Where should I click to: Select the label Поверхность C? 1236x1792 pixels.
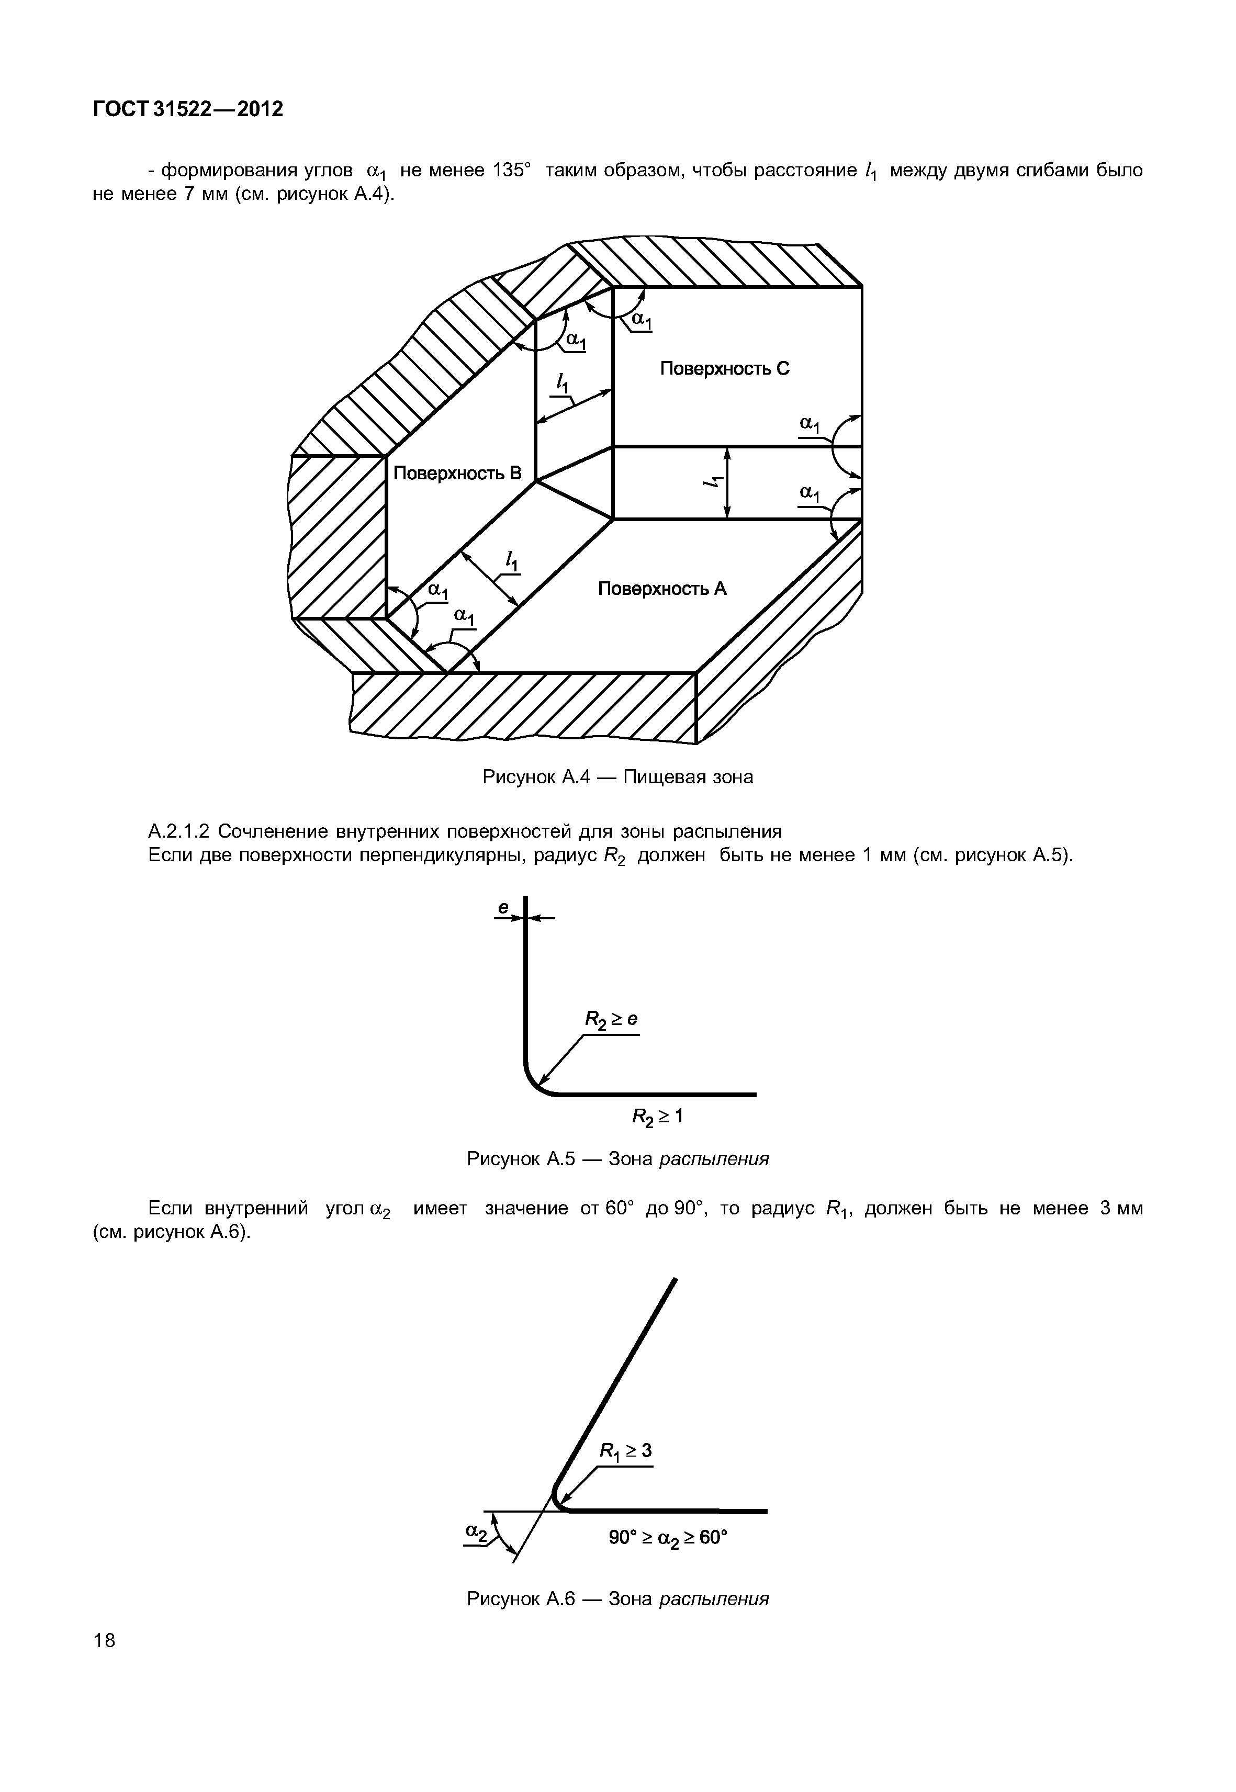[724, 369]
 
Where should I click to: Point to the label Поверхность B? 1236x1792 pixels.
[458, 472]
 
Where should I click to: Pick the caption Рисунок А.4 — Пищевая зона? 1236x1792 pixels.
[617, 777]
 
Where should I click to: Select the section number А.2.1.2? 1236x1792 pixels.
[179, 831]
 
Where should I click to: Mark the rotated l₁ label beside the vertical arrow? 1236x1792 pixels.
[712, 482]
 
